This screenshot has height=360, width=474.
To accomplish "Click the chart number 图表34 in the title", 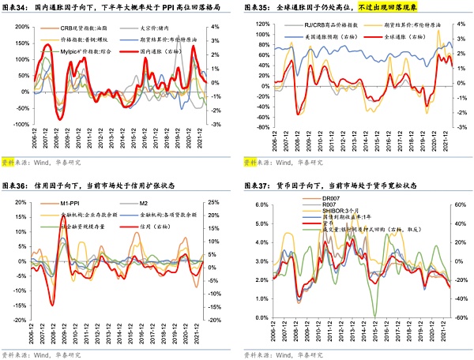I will point(16,8).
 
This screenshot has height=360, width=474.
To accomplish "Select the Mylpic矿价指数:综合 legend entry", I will point(88,51).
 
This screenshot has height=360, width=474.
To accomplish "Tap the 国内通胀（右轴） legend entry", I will point(158,51).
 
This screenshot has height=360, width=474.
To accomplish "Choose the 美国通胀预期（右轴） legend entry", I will point(316,37).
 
